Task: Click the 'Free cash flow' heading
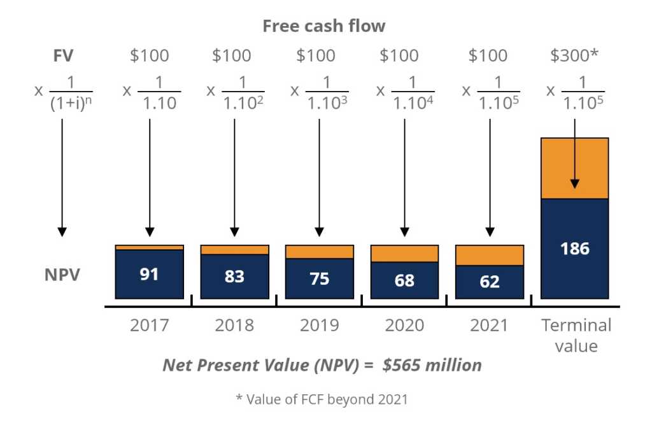324,26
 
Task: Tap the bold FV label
63,55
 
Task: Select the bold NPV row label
62,277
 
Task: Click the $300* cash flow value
574,55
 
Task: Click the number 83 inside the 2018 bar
234,277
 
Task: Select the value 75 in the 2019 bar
320,279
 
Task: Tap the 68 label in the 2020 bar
404,280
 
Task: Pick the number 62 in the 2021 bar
490,282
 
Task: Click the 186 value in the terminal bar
574,248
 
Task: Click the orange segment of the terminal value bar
574,169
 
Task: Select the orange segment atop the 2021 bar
490,255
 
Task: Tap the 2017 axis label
150,325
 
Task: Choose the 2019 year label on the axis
320,325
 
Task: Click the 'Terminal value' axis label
576,335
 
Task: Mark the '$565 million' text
432,365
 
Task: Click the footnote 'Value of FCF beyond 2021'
325,400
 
